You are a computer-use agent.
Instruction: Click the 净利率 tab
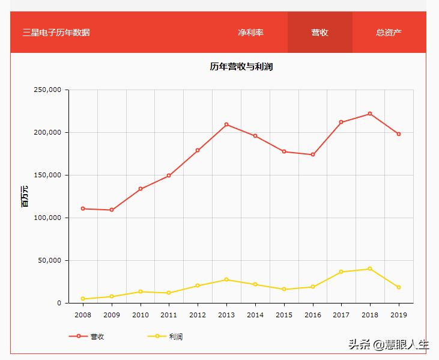click(250, 32)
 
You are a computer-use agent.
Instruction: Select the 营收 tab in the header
click(319, 32)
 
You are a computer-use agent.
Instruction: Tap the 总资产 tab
click(389, 32)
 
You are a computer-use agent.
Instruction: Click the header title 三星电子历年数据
click(56, 32)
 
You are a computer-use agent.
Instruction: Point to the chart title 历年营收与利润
click(241, 67)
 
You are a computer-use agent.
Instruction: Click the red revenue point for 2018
click(370, 114)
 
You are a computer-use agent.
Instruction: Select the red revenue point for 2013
click(226, 124)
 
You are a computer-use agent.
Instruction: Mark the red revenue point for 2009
click(112, 210)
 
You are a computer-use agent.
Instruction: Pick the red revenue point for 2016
click(313, 154)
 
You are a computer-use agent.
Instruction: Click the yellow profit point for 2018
click(370, 269)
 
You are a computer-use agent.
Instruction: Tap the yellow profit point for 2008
click(83, 299)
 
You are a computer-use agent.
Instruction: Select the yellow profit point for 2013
click(226, 279)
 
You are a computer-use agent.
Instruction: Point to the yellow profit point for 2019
click(399, 287)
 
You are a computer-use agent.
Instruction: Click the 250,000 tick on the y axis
click(48, 90)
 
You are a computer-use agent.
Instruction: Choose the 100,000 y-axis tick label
click(48, 218)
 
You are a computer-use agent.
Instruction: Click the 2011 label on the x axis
click(169, 314)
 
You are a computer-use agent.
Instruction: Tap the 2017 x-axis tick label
click(341, 314)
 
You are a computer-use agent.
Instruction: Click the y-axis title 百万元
click(25, 197)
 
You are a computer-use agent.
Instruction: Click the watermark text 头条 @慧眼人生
click(389, 345)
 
